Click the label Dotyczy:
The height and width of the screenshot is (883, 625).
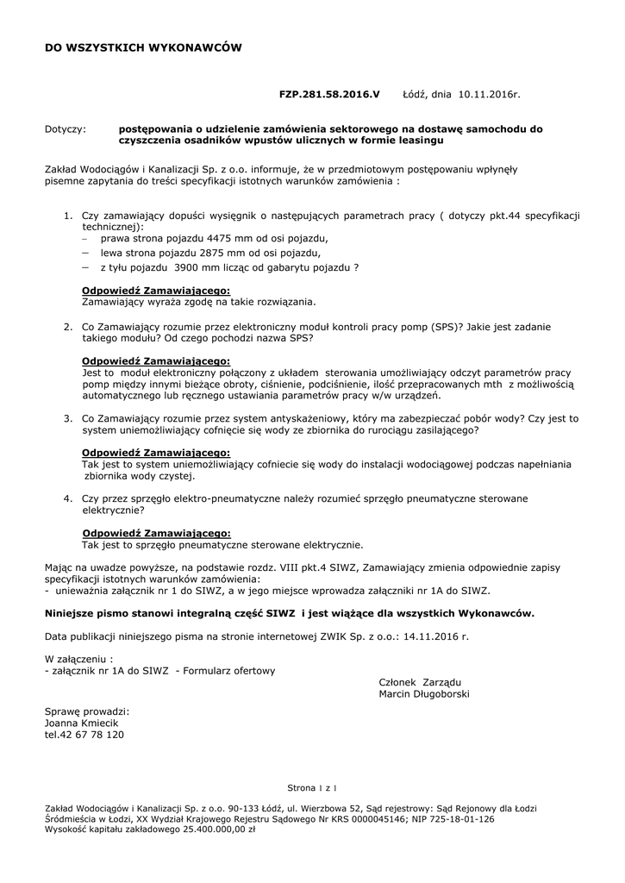click(x=65, y=129)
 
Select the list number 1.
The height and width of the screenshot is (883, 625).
click(x=68, y=214)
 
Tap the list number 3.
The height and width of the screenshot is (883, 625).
click(x=68, y=418)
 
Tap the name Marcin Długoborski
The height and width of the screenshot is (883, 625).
click(x=424, y=694)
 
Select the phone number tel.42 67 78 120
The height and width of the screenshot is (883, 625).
click(x=84, y=735)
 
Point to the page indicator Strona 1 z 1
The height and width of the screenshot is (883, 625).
click(x=312, y=788)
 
